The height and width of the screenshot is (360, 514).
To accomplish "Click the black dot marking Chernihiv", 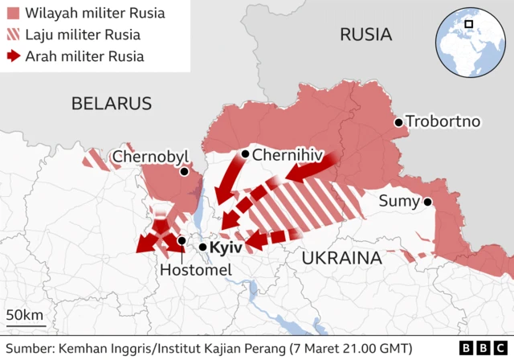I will (x=244, y=153).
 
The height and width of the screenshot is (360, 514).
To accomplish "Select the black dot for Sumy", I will (x=428, y=202).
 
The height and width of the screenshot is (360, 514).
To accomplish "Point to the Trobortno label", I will (x=443, y=122).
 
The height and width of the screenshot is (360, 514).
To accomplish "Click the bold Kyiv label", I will (x=226, y=247).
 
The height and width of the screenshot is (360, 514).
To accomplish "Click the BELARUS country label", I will (x=111, y=103).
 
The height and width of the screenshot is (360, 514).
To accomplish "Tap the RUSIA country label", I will (x=365, y=34).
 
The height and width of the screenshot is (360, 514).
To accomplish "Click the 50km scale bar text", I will (x=26, y=314).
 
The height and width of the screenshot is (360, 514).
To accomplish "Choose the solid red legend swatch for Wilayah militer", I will (x=14, y=14).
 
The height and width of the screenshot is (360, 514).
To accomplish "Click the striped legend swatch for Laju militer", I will (x=14, y=35).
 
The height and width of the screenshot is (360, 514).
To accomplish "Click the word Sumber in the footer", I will (x=28, y=348).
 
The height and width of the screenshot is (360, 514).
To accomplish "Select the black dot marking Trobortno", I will (x=398, y=122).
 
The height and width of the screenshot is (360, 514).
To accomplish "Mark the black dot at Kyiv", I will (x=203, y=247).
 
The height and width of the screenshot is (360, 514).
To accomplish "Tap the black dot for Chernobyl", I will (x=184, y=171).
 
